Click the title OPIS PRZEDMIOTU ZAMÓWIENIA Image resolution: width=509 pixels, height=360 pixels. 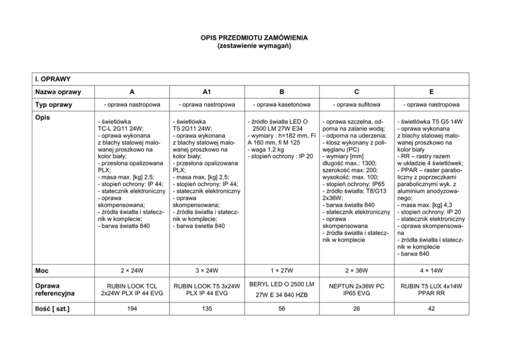(254, 39)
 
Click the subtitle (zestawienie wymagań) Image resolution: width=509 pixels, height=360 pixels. (254, 46)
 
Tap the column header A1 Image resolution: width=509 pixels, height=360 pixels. (207, 92)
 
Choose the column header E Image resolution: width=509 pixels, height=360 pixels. (432, 92)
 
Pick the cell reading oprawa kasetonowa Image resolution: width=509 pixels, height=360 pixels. (282, 104)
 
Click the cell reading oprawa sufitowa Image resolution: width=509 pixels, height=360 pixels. (357, 104)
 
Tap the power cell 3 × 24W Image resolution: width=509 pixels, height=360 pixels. (207, 270)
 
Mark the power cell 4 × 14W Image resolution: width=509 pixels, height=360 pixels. (432, 270)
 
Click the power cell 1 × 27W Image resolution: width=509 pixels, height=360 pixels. (282, 270)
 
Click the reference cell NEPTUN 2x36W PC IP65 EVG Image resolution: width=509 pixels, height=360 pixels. (357, 289)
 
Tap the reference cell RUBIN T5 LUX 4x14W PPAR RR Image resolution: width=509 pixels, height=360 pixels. (432, 289)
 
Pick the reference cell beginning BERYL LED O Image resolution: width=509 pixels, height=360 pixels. (282, 289)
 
